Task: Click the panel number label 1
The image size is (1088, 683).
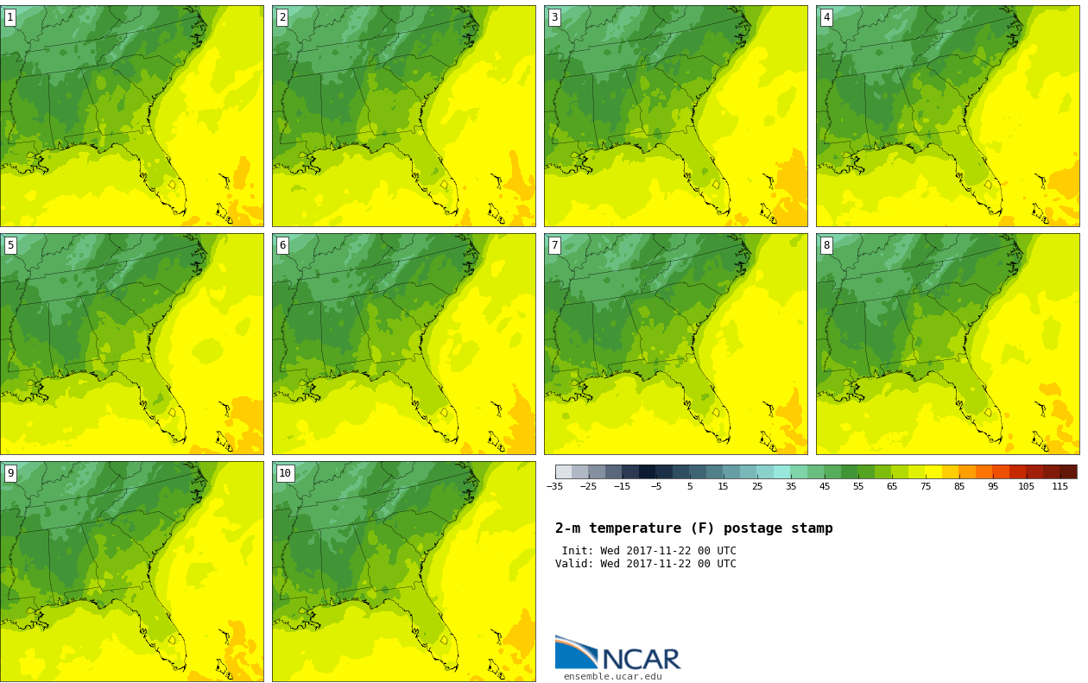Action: (10, 17)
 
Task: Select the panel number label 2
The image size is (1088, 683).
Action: (282, 17)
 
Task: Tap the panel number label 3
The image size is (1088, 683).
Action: (554, 17)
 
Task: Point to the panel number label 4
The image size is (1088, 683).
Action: (826, 17)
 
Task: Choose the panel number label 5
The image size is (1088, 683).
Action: (10, 245)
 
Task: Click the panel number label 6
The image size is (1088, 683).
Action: (282, 245)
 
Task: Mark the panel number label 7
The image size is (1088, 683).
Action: (554, 245)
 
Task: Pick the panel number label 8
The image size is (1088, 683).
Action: (826, 245)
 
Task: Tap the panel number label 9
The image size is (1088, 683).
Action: (10, 473)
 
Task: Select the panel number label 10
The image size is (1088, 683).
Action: (285, 473)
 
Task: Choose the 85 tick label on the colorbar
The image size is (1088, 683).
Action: (959, 487)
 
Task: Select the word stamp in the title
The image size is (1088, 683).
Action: (812, 528)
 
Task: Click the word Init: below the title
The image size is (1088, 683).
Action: (579, 551)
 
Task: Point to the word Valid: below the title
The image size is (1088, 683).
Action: (574, 564)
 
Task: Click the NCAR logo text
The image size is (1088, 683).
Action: (641, 659)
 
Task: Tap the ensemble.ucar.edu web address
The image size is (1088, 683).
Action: (613, 677)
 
